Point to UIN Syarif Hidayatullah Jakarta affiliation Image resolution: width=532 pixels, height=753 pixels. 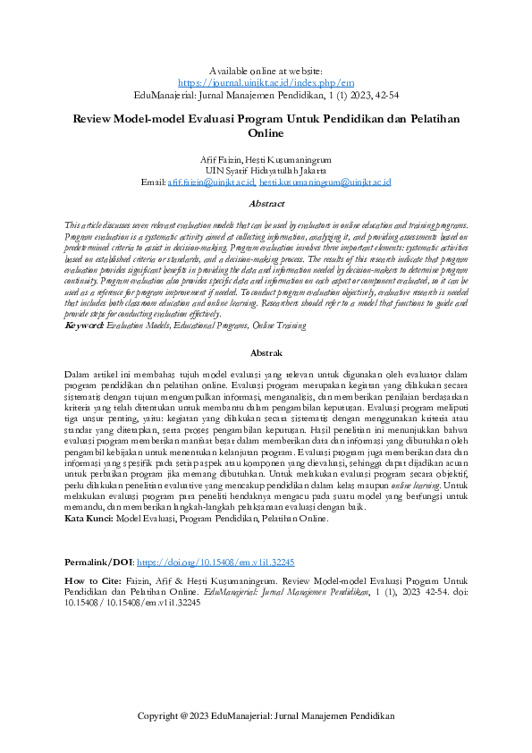(x=266, y=169)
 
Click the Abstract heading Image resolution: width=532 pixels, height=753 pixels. (x=266, y=204)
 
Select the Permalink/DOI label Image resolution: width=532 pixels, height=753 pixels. (x=98, y=563)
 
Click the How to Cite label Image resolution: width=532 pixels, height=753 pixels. (x=93, y=580)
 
